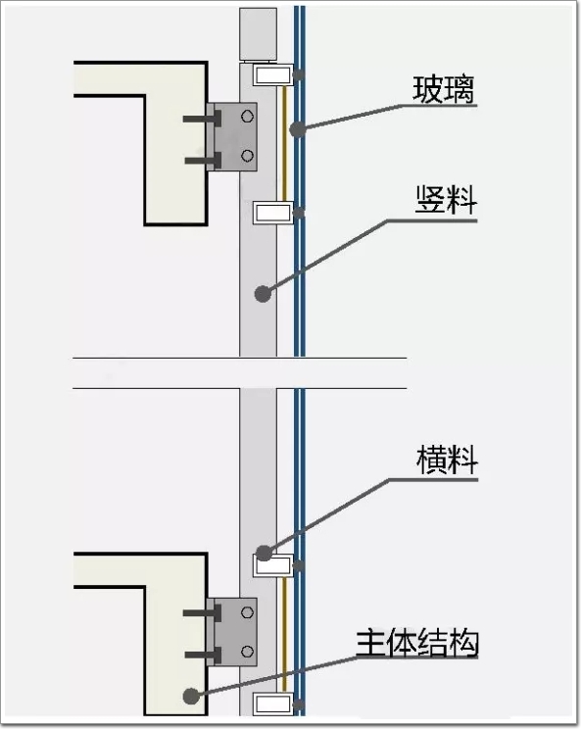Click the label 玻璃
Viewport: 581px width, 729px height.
pos(444,89)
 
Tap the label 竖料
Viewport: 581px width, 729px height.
pos(446,200)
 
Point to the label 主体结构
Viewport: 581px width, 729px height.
pos(417,643)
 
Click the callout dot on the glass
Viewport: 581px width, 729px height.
pos(298,128)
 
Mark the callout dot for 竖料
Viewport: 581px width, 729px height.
pos(263,294)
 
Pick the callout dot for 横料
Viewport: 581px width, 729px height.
pos(264,553)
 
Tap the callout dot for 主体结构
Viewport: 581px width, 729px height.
pos(191,696)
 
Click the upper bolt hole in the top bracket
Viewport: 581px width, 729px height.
pos(247,117)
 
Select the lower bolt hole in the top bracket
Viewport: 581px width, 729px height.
pos(247,155)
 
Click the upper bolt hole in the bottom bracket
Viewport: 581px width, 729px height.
pos(247,612)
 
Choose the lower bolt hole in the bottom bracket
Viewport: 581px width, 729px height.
pos(247,652)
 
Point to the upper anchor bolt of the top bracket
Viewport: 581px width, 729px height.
pos(202,119)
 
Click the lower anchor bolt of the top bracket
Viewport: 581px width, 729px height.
pos(203,161)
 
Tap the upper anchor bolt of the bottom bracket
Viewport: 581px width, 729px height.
pos(202,613)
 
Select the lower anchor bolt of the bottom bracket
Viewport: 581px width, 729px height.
pos(203,655)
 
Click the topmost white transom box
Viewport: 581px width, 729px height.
pos(273,74)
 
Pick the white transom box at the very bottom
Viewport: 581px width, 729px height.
pos(273,704)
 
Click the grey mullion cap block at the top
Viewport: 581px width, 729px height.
pos(258,34)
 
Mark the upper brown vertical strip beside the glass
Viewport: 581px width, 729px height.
pos(284,144)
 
